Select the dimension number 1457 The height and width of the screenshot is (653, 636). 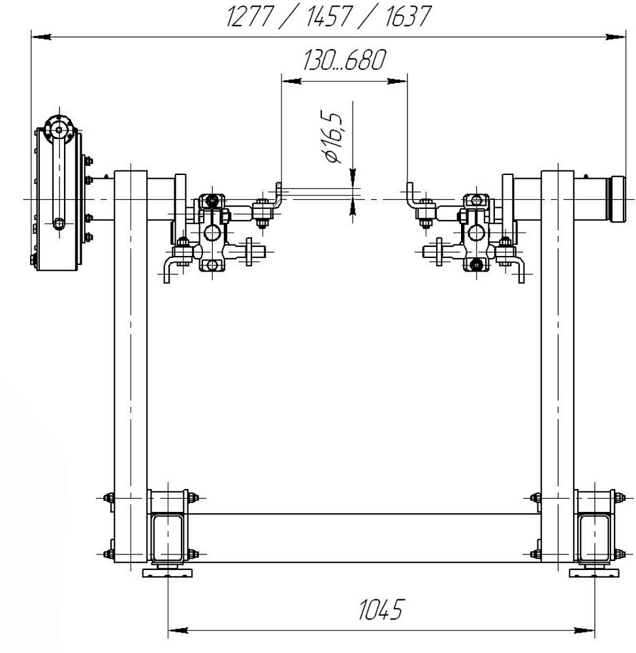[328, 17]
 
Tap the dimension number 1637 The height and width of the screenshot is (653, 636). [407, 17]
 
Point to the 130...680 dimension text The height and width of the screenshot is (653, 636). [344, 60]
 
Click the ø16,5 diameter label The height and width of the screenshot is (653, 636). [332, 137]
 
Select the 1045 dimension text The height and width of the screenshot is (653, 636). [381, 610]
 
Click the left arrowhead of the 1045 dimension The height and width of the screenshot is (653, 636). [178, 631]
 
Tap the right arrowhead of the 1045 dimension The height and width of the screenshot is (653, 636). [584, 631]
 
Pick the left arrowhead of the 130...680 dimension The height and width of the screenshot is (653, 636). [291, 81]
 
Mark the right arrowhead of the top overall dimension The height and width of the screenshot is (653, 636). [616, 37]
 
